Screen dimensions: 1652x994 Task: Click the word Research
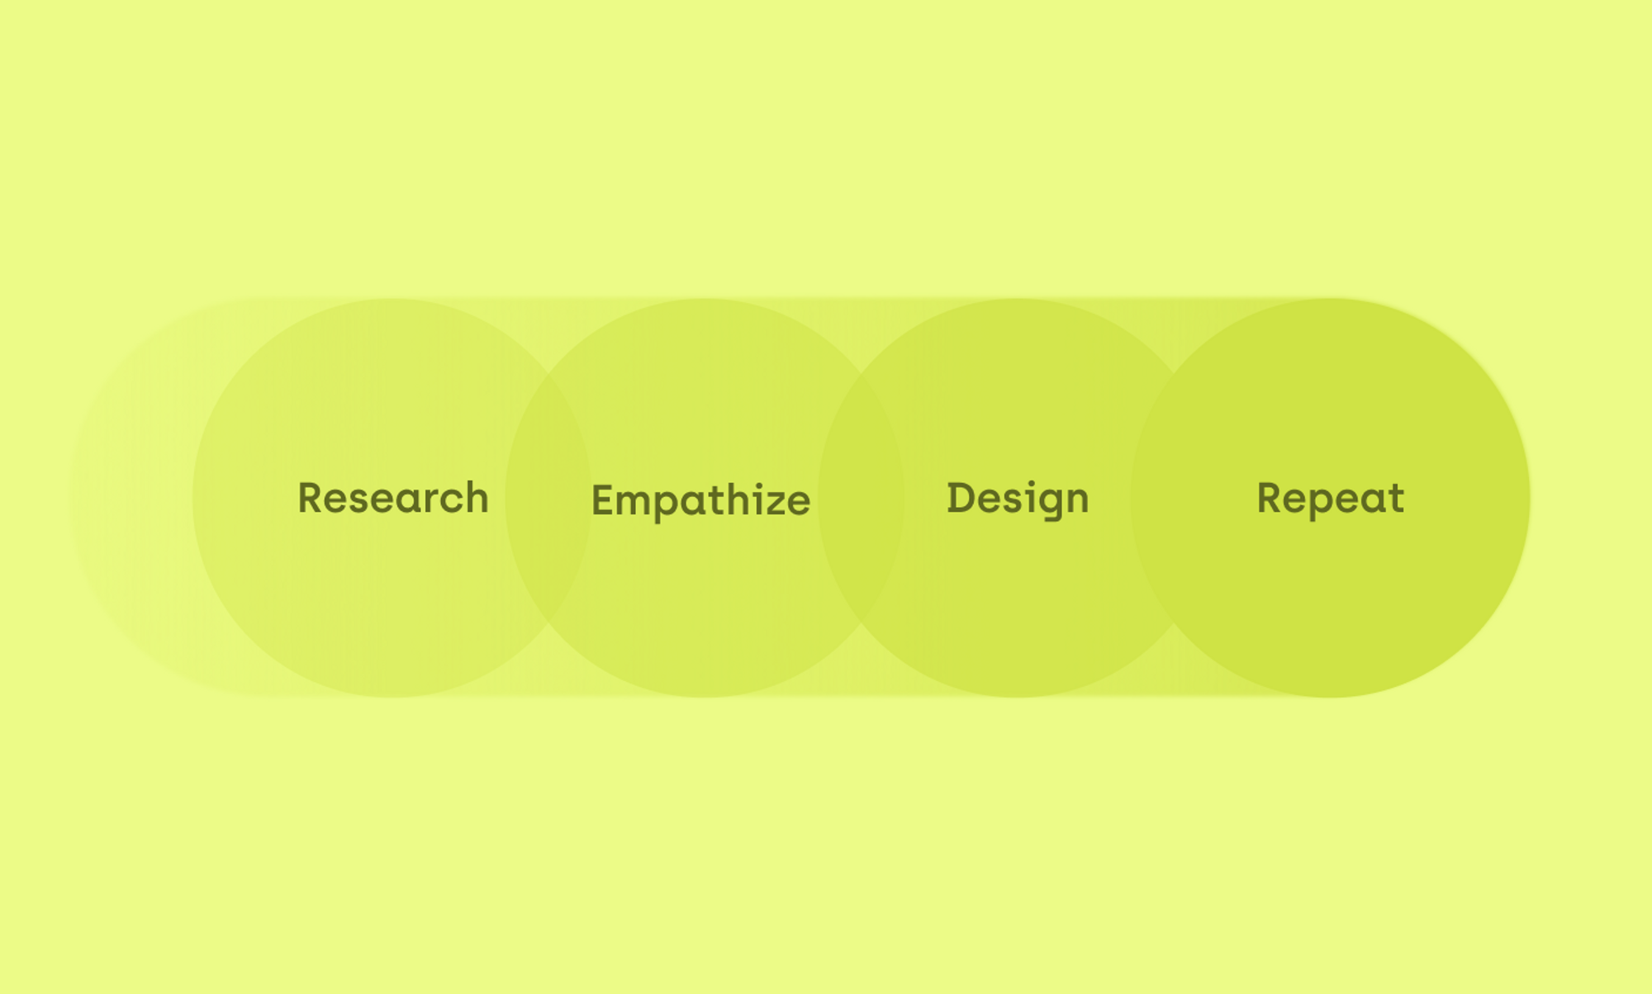point(393,498)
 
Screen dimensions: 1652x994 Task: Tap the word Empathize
point(700,501)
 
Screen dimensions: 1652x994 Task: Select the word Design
point(1018,499)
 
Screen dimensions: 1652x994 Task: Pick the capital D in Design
point(961,498)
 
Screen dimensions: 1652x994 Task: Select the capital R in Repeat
point(1270,498)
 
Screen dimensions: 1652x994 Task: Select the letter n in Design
point(1077,502)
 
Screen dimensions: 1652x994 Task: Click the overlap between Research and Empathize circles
point(548,498)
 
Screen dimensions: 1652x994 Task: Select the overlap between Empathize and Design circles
point(862,498)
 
